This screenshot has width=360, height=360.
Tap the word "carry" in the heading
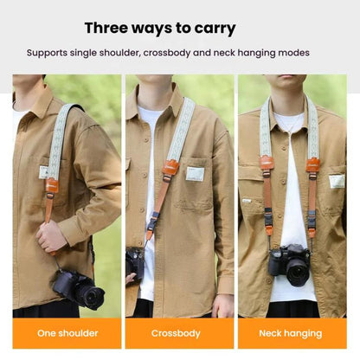(x=214, y=29)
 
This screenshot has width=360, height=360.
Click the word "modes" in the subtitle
(x=290, y=53)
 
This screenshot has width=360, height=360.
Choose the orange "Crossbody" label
(x=179, y=333)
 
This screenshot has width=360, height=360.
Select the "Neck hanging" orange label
(x=291, y=333)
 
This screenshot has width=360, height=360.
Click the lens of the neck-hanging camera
(x=296, y=270)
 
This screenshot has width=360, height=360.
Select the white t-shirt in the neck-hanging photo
(x=291, y=216)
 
